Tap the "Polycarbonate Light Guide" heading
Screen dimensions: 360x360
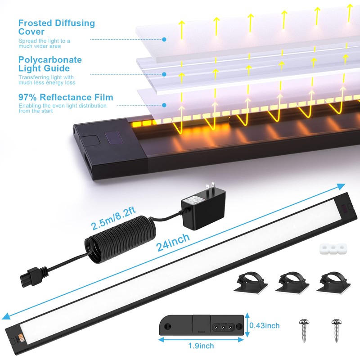[50, 64]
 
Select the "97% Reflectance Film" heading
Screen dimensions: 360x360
[66, 97]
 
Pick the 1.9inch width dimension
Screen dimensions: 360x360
[201, 346]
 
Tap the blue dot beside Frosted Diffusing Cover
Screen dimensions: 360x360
[164, 40]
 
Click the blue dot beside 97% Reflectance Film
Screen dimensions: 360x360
[164, 105]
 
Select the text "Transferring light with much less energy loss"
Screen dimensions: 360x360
[47, 80]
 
